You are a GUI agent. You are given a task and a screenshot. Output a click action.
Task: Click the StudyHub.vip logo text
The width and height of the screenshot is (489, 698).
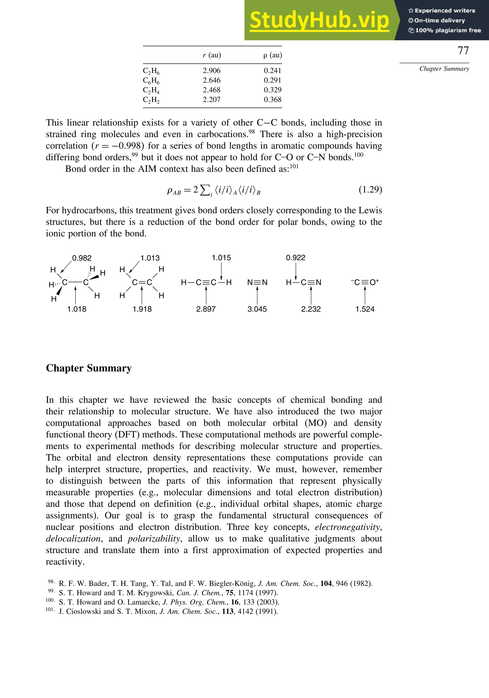[319, 20]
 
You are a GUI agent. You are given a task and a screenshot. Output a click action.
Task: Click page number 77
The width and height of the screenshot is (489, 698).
[463, 51]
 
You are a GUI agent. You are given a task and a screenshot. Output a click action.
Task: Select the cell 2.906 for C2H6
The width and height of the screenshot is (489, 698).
[212, 71]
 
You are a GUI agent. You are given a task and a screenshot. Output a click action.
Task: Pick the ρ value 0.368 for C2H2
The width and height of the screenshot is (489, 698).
[272, 99]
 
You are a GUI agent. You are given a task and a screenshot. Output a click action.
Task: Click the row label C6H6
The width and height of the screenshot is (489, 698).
[151, 81]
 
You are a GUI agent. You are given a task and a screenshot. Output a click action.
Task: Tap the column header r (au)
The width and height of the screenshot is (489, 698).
[212, 55]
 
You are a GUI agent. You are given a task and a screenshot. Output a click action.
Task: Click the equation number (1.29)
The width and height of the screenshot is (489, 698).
[370, 190]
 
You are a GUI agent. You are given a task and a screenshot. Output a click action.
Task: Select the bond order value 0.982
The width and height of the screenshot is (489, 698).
[82, 258]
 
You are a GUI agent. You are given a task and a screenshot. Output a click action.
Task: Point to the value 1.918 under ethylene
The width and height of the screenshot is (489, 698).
[142, 309]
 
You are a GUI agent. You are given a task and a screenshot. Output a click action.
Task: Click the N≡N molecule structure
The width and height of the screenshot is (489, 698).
[257, 282]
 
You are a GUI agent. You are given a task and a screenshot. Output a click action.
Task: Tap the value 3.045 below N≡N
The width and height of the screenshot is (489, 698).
[257, 309]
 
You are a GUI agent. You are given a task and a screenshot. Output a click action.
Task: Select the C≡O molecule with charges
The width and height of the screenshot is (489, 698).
[365, 282]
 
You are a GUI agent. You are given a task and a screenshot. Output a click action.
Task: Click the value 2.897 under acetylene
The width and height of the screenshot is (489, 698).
[206, 309]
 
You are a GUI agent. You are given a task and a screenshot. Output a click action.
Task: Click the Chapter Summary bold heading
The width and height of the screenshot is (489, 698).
[89, 368]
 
